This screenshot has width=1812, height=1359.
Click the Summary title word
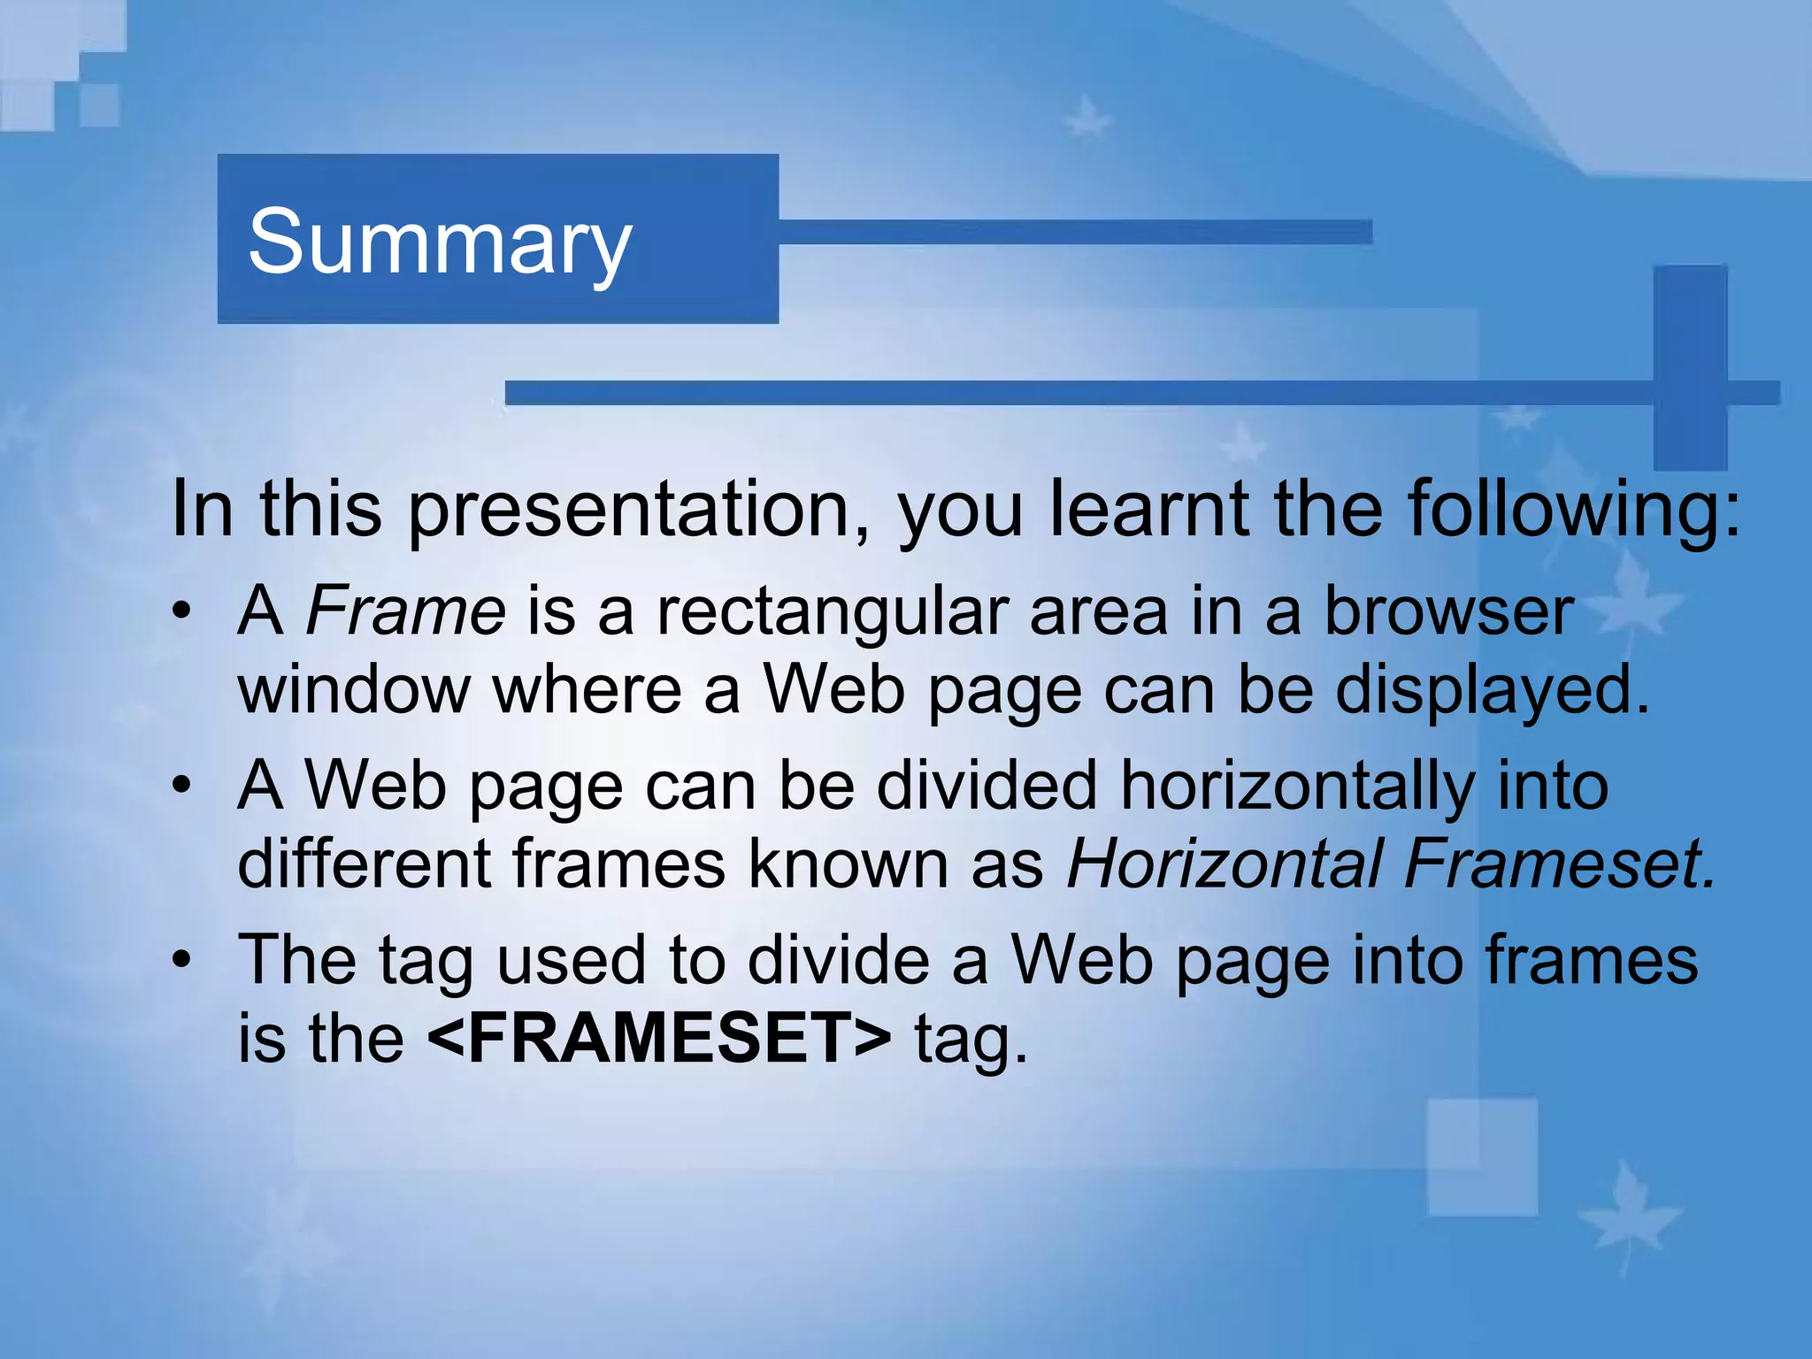pos(440,241)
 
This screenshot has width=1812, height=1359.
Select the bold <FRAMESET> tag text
pos(659,1038)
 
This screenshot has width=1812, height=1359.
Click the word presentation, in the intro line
pos(639,510)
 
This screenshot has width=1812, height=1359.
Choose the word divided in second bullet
pos(987,785)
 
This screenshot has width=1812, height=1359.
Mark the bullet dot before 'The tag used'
pos(182,960)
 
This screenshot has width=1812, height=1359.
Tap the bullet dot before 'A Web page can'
pos(182,785)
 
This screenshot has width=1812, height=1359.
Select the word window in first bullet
pos(354,690)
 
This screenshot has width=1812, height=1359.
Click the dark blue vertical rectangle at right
pos(1690,367)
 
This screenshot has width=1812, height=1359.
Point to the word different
pos(364,863)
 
